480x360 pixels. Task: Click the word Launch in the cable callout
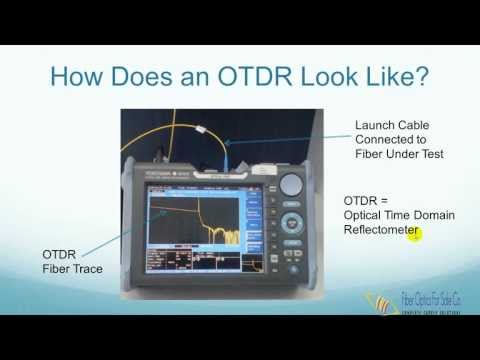pyautogui.click(x=378, y=124)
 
